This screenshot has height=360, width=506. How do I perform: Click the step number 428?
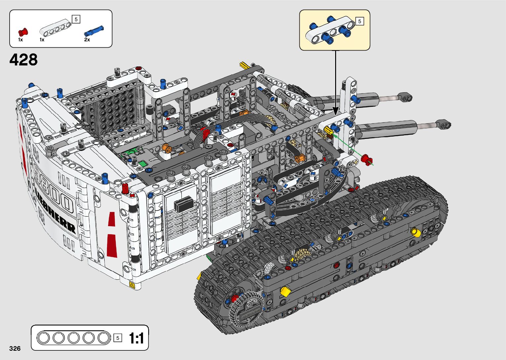[23, 60]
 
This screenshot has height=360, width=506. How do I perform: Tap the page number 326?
[15, 348]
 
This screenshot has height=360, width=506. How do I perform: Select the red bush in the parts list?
[23, 32]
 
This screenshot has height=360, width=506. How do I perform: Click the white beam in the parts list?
[55, 28]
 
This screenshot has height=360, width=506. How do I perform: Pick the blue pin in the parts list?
[94, 31]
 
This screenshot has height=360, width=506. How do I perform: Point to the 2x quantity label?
[87, 40]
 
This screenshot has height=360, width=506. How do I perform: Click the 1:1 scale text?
[136, 338]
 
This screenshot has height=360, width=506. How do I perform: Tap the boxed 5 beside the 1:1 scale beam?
[118, 338]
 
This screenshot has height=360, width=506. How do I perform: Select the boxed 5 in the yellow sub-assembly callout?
[360, 21]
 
